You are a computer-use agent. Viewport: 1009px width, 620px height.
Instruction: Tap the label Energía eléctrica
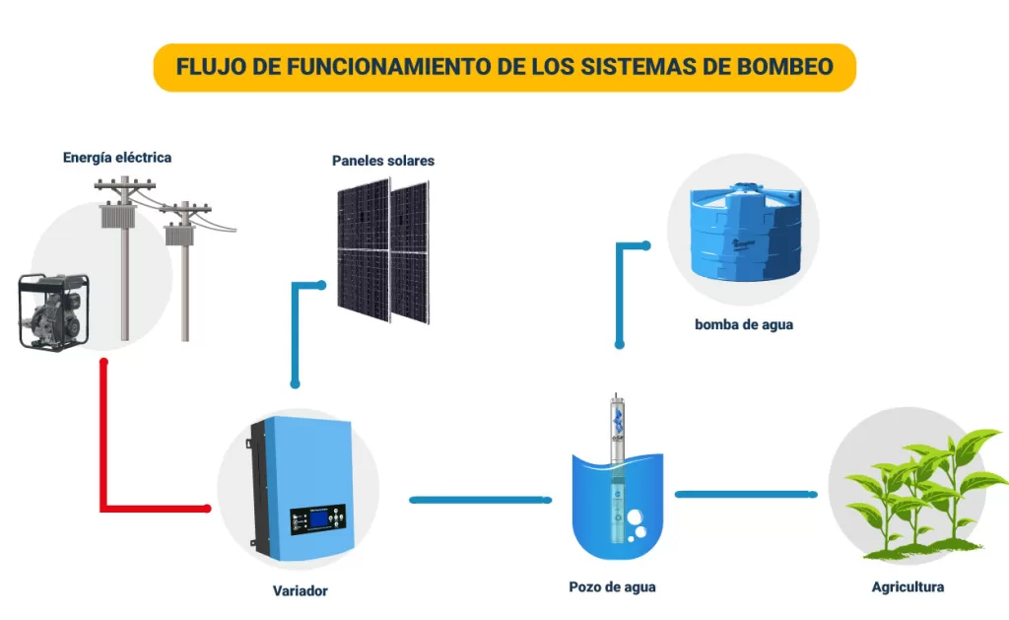tap(117, 157)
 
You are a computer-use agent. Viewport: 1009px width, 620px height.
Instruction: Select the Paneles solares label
tap(383, 161)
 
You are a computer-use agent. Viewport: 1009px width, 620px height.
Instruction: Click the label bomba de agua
tap(743, 324)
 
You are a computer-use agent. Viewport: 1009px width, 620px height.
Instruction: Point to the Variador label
tap(300, 591)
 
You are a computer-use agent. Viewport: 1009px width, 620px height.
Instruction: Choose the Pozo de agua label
tap(612, 587)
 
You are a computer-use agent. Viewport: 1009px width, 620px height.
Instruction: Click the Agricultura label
tap(908, 587)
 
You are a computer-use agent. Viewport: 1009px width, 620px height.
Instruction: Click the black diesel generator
tap(55, 310)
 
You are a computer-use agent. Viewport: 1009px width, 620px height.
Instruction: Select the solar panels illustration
tap(383, 246)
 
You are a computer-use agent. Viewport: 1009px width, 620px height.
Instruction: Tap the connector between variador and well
tap(480, 500)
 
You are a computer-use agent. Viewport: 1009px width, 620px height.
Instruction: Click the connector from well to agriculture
tap(746, 494)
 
